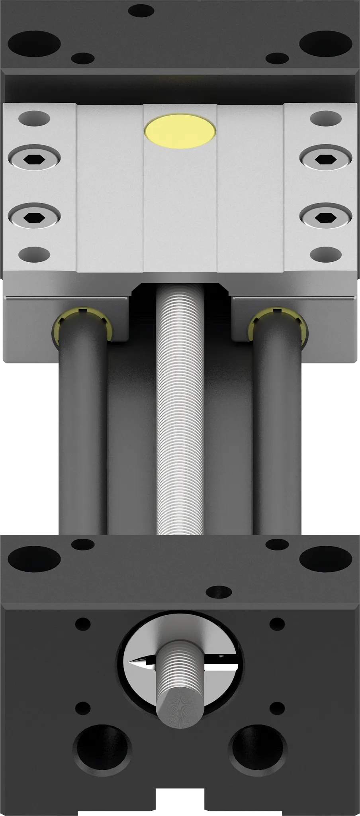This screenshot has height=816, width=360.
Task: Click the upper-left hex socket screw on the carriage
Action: (x=34, y=159)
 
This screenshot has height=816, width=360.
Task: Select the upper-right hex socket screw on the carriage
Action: (x=326, y=159)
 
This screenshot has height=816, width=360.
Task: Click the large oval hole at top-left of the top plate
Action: (x=34, y=43)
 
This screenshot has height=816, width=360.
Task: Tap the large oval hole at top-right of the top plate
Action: (x=326, y=43)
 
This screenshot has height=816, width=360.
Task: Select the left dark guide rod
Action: (x=82, y=438)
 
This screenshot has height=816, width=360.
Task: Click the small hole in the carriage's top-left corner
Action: (x=34, y=118)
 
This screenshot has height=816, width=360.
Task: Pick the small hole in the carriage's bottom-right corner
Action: (x=326, y=253)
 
